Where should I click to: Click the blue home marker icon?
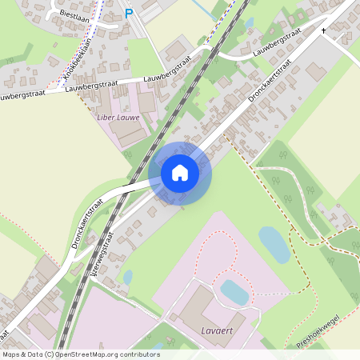[x=180, y=173]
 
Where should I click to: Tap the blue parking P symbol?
[x=130, y=14]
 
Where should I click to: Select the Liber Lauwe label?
[x=118, y=118]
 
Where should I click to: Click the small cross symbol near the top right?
[x=324, y=30]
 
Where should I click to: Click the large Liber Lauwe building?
[x=126, y=131]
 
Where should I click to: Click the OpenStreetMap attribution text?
[x=81, y=354]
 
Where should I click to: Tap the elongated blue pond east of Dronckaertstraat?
[x=274, y=244]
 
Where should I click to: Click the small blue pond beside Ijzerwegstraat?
[x=128, y=278]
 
